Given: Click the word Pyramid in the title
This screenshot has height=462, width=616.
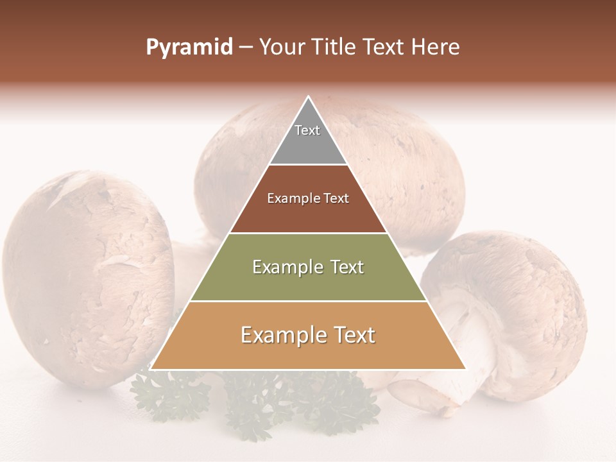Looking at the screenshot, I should pos(189,47).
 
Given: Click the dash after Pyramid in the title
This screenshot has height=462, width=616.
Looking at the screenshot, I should pos(245,47).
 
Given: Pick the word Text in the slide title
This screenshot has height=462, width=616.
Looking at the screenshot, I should pos(384,47).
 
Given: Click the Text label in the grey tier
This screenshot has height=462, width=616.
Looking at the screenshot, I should pos(307,130).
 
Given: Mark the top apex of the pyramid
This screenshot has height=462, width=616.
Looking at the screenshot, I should pos(309,97).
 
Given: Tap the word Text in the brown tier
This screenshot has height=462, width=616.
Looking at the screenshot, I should pos(336,199).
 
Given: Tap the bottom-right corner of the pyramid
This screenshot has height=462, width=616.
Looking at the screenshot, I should pos(466,369).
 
